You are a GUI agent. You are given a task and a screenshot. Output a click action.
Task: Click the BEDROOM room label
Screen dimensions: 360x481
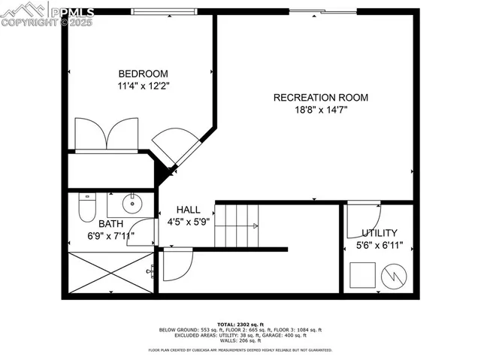[x=143, y=74]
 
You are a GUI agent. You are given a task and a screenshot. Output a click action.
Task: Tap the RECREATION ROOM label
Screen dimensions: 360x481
[x=321, y=97]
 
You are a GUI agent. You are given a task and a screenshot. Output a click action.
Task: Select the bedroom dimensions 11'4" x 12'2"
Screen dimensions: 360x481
[x=143, y=86]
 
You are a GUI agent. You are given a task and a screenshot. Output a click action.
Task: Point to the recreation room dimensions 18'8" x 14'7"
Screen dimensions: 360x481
[x=321, y=110]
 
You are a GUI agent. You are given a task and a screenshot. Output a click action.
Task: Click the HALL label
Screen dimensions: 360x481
[x=189, y=209]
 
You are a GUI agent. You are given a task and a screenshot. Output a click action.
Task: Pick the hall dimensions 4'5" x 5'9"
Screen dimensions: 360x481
[x=189, y=222]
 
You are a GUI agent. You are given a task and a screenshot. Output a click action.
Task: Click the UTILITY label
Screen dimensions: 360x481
[x=379, y=233]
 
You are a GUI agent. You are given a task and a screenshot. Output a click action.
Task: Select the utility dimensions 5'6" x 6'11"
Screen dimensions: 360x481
[x=379, y=246]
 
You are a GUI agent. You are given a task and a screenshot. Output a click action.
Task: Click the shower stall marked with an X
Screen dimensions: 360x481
[x=110, y=272]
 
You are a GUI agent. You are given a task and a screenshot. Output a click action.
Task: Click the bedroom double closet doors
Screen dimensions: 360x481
[x=110, y=135]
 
